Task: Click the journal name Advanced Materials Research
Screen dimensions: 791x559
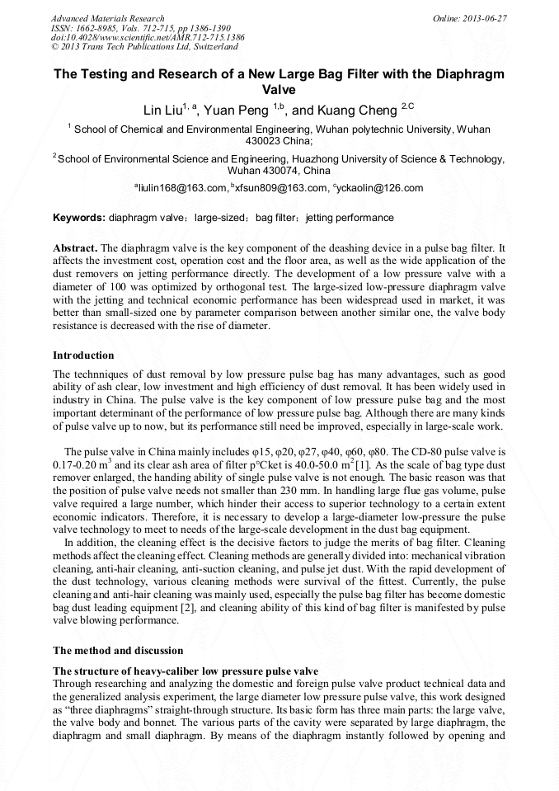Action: [108, 18]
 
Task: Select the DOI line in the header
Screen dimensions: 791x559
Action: [148, 38]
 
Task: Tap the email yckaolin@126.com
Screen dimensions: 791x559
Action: [380, 188]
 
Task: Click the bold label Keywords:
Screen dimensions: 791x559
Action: [79, 218]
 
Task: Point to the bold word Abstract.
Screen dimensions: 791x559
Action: [75, 247]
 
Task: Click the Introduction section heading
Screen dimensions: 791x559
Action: [83, 355]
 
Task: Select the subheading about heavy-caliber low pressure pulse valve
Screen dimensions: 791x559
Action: [186, 670]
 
